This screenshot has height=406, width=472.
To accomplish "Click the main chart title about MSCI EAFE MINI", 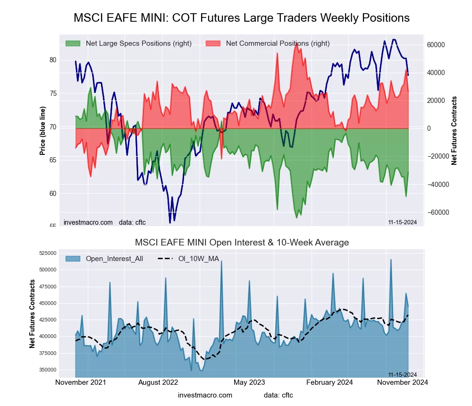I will (242, 18).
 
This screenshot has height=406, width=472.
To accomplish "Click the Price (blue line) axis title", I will (42, 131).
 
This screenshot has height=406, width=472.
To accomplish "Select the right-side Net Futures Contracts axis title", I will (454, 131).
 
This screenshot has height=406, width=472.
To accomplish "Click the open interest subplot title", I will (242, 243).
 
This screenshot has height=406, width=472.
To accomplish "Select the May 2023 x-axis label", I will (249, 382).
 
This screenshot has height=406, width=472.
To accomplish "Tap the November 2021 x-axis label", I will (81, 382).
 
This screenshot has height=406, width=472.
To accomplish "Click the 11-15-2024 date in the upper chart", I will (402, 222).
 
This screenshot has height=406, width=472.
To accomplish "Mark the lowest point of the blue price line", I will (170, 222).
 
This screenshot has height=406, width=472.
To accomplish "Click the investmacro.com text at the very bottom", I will (205, 395).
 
